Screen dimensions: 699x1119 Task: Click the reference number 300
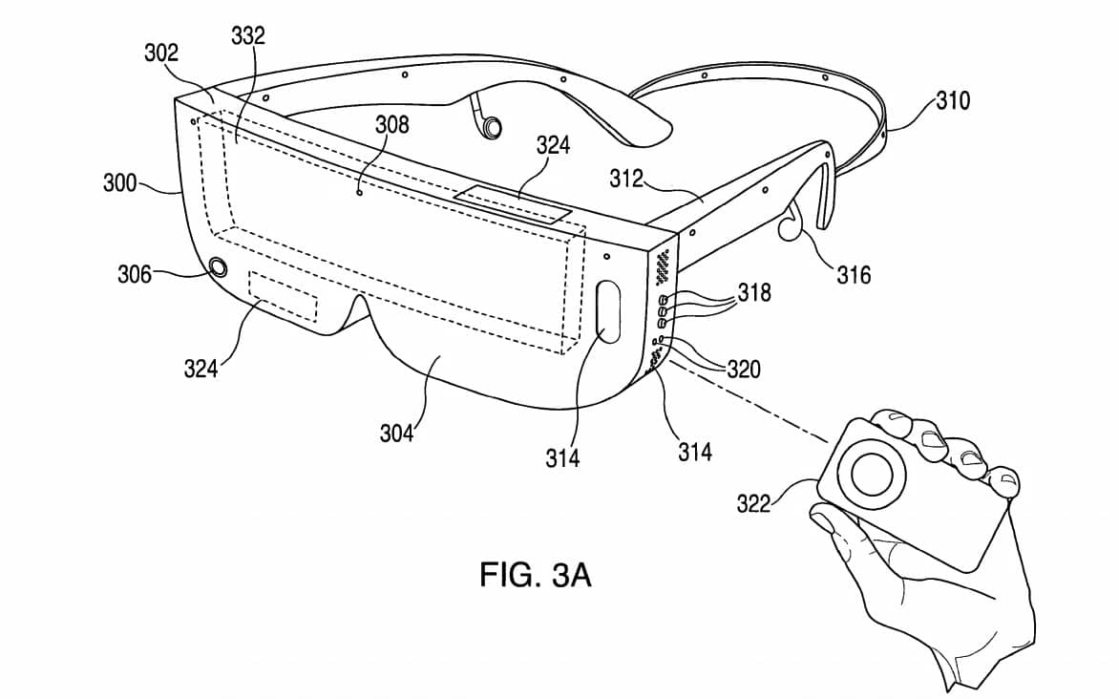click(x=120, y=181)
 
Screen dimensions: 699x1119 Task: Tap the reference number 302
click(x=161, y=53)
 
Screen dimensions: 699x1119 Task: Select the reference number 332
click(x=248, y=37)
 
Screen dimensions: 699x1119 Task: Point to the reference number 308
click(x=391, y=125)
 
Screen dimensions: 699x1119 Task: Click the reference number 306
click(x=135, y=274)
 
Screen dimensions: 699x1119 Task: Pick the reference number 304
click(x=396, y=433)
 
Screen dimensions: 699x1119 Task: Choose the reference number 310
click(x=952, y=100)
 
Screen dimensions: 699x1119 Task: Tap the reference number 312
click(x=626, y=178)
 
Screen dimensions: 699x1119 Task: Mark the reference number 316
click(x=854, y=275)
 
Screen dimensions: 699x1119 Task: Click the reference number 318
click(x=754, y=291)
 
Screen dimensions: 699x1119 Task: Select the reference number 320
click(x=743, y=368)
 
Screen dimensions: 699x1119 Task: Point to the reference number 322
click(x=753, y=502)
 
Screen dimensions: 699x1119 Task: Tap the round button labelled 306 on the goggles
click(x=219, y=267)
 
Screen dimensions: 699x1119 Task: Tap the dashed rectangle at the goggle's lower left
click(x=283, y=297)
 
